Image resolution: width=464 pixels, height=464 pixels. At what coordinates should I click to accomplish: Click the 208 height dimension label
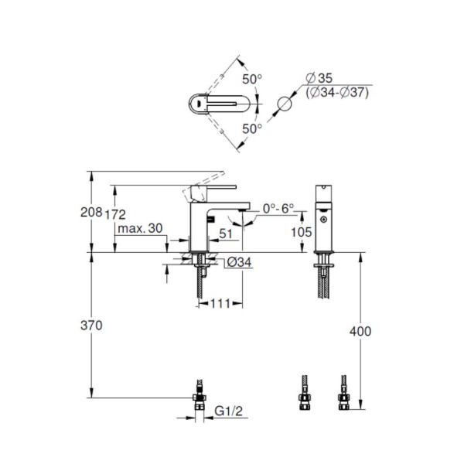coord(91,212)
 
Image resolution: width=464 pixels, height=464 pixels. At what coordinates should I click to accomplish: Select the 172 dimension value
coord(115,214)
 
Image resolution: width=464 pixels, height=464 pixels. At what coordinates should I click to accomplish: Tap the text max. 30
coord(140,228)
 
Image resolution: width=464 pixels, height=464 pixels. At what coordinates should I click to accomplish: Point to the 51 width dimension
coord(226,234)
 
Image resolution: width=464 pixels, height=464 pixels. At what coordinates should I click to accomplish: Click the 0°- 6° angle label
coord(278,208)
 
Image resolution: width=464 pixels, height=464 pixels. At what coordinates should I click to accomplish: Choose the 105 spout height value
coord(302,232)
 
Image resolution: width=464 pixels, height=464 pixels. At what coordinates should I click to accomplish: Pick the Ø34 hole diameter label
coord(240,262)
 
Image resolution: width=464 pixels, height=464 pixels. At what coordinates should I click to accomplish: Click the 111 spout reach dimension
coord(220,304)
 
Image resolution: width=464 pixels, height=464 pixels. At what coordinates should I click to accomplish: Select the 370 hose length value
coord(91,326)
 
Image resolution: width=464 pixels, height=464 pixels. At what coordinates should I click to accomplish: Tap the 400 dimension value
coord(360,331)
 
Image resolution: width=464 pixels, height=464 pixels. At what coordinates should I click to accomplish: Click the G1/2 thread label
coord(228,411)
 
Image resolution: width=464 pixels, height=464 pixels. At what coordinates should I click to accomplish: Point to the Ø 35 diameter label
coord(319,78)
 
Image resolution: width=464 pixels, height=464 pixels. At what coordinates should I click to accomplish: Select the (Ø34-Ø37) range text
coord(337,93)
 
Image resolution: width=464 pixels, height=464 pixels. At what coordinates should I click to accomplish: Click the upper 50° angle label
coord(252,79)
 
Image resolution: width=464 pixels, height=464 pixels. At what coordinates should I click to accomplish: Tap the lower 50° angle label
coord(252,128)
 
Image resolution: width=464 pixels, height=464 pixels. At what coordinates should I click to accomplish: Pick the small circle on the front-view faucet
coord(324,220)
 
